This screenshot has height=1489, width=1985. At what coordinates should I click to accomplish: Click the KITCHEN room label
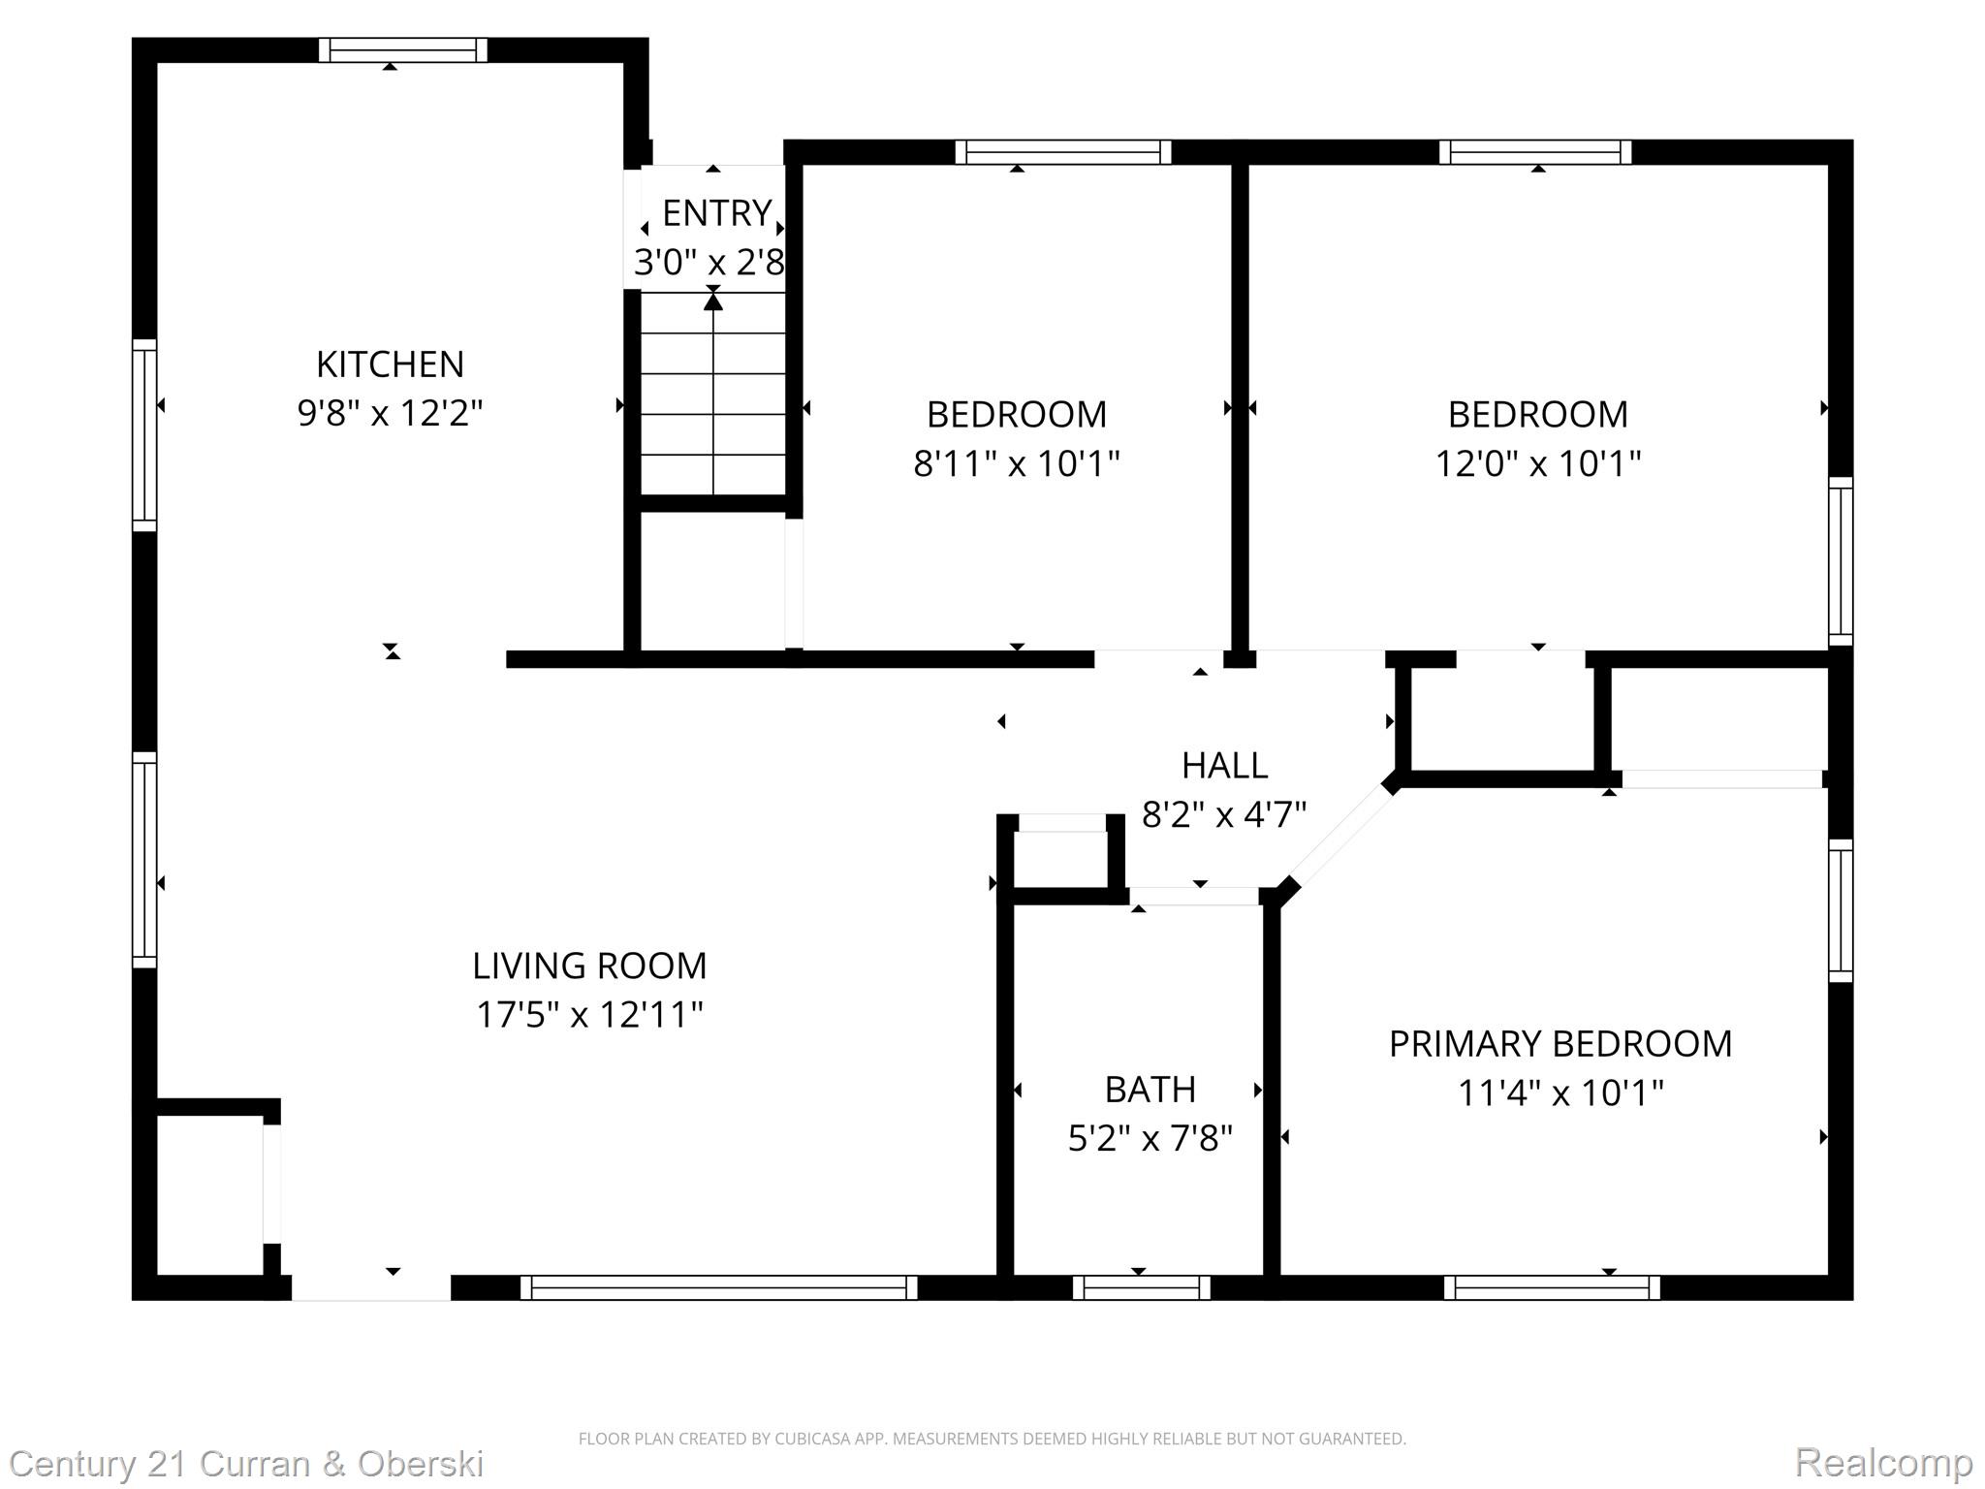tap(390, 364)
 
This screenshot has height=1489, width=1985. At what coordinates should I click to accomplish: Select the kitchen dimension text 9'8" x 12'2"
tap(390, 414)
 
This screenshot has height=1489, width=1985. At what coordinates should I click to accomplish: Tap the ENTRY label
tap(716, 212)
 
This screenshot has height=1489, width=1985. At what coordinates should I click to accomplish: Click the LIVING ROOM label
tap(589, 966)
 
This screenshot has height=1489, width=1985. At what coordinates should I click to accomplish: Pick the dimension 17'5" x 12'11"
tap(589, 1015)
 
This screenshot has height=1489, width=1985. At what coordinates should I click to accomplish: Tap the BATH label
tap(1150, 1090)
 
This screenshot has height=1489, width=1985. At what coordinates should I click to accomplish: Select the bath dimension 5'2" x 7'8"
tap(1150, 1138)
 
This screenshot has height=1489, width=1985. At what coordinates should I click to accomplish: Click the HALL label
tap(1224, 766)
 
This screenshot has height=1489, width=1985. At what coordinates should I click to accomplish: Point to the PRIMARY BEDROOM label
tap(1560, 1044)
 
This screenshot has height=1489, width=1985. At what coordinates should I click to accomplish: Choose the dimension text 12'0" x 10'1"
tap(1537, 464)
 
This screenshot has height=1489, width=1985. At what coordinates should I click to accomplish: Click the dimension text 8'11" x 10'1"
tap(1016, 464)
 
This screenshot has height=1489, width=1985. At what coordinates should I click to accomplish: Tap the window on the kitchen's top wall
tap(403, 50)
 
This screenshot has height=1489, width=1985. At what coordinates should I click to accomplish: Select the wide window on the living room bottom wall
tap(718, 1287)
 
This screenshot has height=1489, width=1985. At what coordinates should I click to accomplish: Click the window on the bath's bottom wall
tap(1141, 1287)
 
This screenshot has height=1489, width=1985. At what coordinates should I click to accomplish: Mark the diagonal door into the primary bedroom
tap(1341, 836)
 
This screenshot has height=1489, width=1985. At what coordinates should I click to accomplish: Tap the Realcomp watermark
tap(1883, 1462)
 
